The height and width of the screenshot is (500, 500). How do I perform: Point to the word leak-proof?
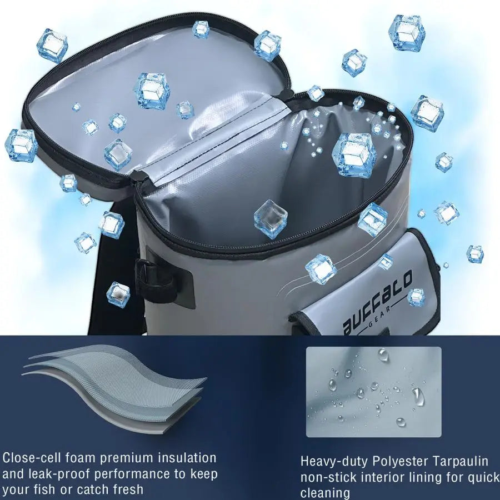[59, 474]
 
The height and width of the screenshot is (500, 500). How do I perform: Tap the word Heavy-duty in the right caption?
[334, 462]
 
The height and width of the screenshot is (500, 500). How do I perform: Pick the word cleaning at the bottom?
[325, 493]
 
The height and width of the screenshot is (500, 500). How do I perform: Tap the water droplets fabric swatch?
[374, 392]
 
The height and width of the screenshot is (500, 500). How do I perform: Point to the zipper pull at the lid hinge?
[138, 176]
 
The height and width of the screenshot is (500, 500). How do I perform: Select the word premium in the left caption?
[127, 458]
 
